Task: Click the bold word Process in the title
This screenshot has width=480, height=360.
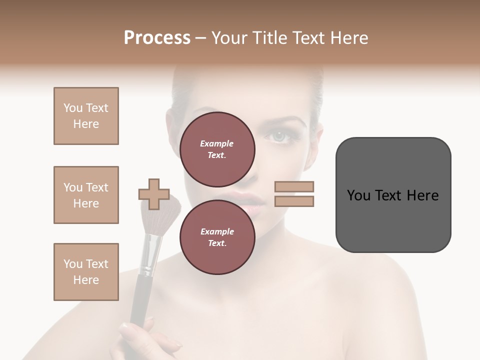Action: coord(157,37)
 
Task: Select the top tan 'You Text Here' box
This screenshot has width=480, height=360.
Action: coord(86,116)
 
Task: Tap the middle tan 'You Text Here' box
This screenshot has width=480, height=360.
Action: coord(86,195)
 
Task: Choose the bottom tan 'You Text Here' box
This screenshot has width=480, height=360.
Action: coord(86,272)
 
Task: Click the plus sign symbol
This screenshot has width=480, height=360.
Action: coord(153,194)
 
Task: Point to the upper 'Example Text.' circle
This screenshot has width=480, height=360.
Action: coord(217,149)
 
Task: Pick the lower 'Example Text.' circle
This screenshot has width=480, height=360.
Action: coord(217,237)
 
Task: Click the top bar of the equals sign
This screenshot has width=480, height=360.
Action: coord(294,186)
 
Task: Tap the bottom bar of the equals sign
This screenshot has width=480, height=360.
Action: coord(294,201)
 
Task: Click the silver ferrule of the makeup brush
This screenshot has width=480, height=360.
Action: coord(150,255)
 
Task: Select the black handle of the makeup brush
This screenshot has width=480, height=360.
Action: coord(140,300)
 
